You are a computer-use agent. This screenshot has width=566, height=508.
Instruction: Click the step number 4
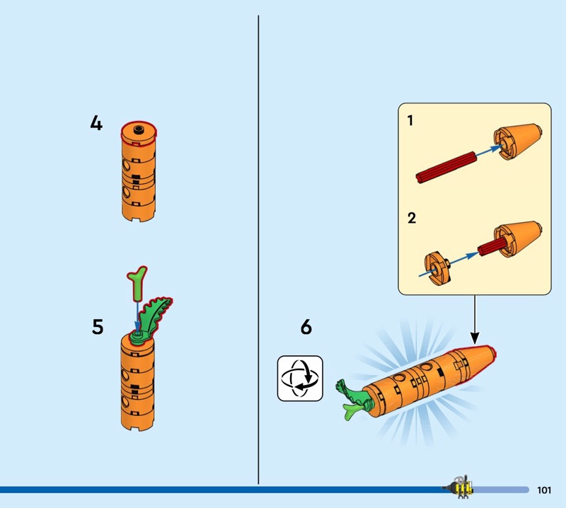96,123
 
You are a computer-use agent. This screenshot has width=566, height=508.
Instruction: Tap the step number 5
98,327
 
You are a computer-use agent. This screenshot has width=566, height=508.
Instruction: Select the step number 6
306,327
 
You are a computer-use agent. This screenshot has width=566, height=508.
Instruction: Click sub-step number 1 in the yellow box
410,120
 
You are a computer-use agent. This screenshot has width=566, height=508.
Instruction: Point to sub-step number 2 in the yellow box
412,218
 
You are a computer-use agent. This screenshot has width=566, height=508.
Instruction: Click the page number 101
544,490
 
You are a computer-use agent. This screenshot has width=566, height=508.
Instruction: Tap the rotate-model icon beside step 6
300,379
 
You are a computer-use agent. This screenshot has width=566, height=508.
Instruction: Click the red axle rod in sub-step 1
446,168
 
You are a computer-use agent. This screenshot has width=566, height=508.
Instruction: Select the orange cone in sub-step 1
517,142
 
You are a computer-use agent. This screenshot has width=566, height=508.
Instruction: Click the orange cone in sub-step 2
517,238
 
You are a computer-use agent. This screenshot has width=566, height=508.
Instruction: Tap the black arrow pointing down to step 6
475,320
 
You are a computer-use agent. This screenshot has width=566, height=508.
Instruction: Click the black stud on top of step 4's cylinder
138,129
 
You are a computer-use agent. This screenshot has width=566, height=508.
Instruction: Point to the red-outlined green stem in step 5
137,284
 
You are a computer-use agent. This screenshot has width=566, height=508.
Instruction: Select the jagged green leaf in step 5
156,316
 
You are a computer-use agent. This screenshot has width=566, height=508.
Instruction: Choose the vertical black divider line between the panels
258,250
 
